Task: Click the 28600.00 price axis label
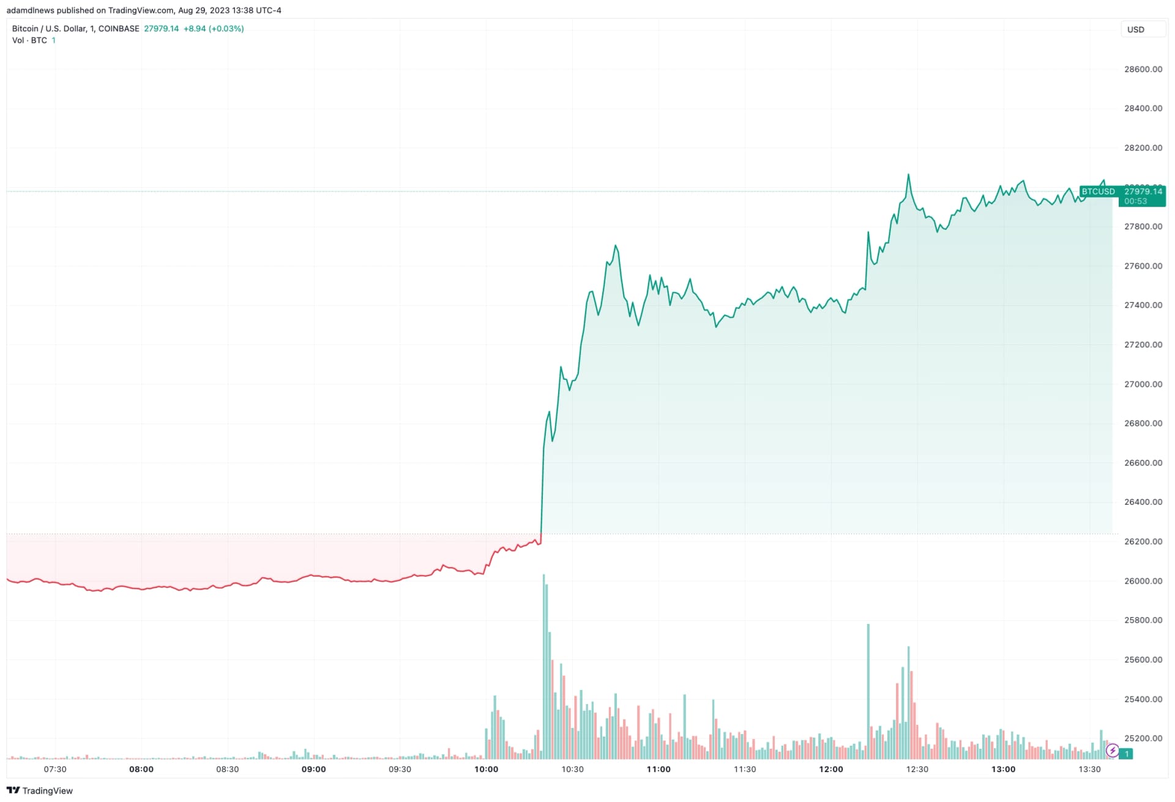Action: pyautogui.click(x=1143, y=69)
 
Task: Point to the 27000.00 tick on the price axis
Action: pyautogui.click(x=1143, y=384)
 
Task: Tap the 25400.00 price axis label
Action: pyautogui.click(x=1143, y=699)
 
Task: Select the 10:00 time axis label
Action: pyautogui.click(x=486, y=769)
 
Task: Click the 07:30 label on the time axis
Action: pyautogui.click(x=55, y=769)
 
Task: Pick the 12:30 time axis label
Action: pyautogui.click(x=917, y=769)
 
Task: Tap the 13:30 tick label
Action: pyautogui.click(x=1089, y=769)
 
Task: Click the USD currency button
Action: pyautogui.click(x=1135, y=29)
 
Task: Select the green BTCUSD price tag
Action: pyautogui.click(x=1098, y=191)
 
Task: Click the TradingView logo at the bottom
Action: pyautogui.click(x=40, y=790)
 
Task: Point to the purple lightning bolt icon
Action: pyautogui.click(x=1113, y=750)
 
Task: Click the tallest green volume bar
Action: pyautogui.click(x=543, y=667)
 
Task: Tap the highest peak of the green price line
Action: pyautogui.click(x=908, y=175)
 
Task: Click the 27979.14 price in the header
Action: pyautogui.click(x=162, y=29)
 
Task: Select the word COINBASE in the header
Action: pyautogui.click(x=119, y=29)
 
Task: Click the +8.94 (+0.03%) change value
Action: pyautogui.click(x=214, y=29)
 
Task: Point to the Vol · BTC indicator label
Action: pyautogui.click(x=29, y=40)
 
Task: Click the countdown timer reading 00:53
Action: pyautogui.click(x=1135, y=201)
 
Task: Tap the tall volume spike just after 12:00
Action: pyautogui.click(x=868, y=691)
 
